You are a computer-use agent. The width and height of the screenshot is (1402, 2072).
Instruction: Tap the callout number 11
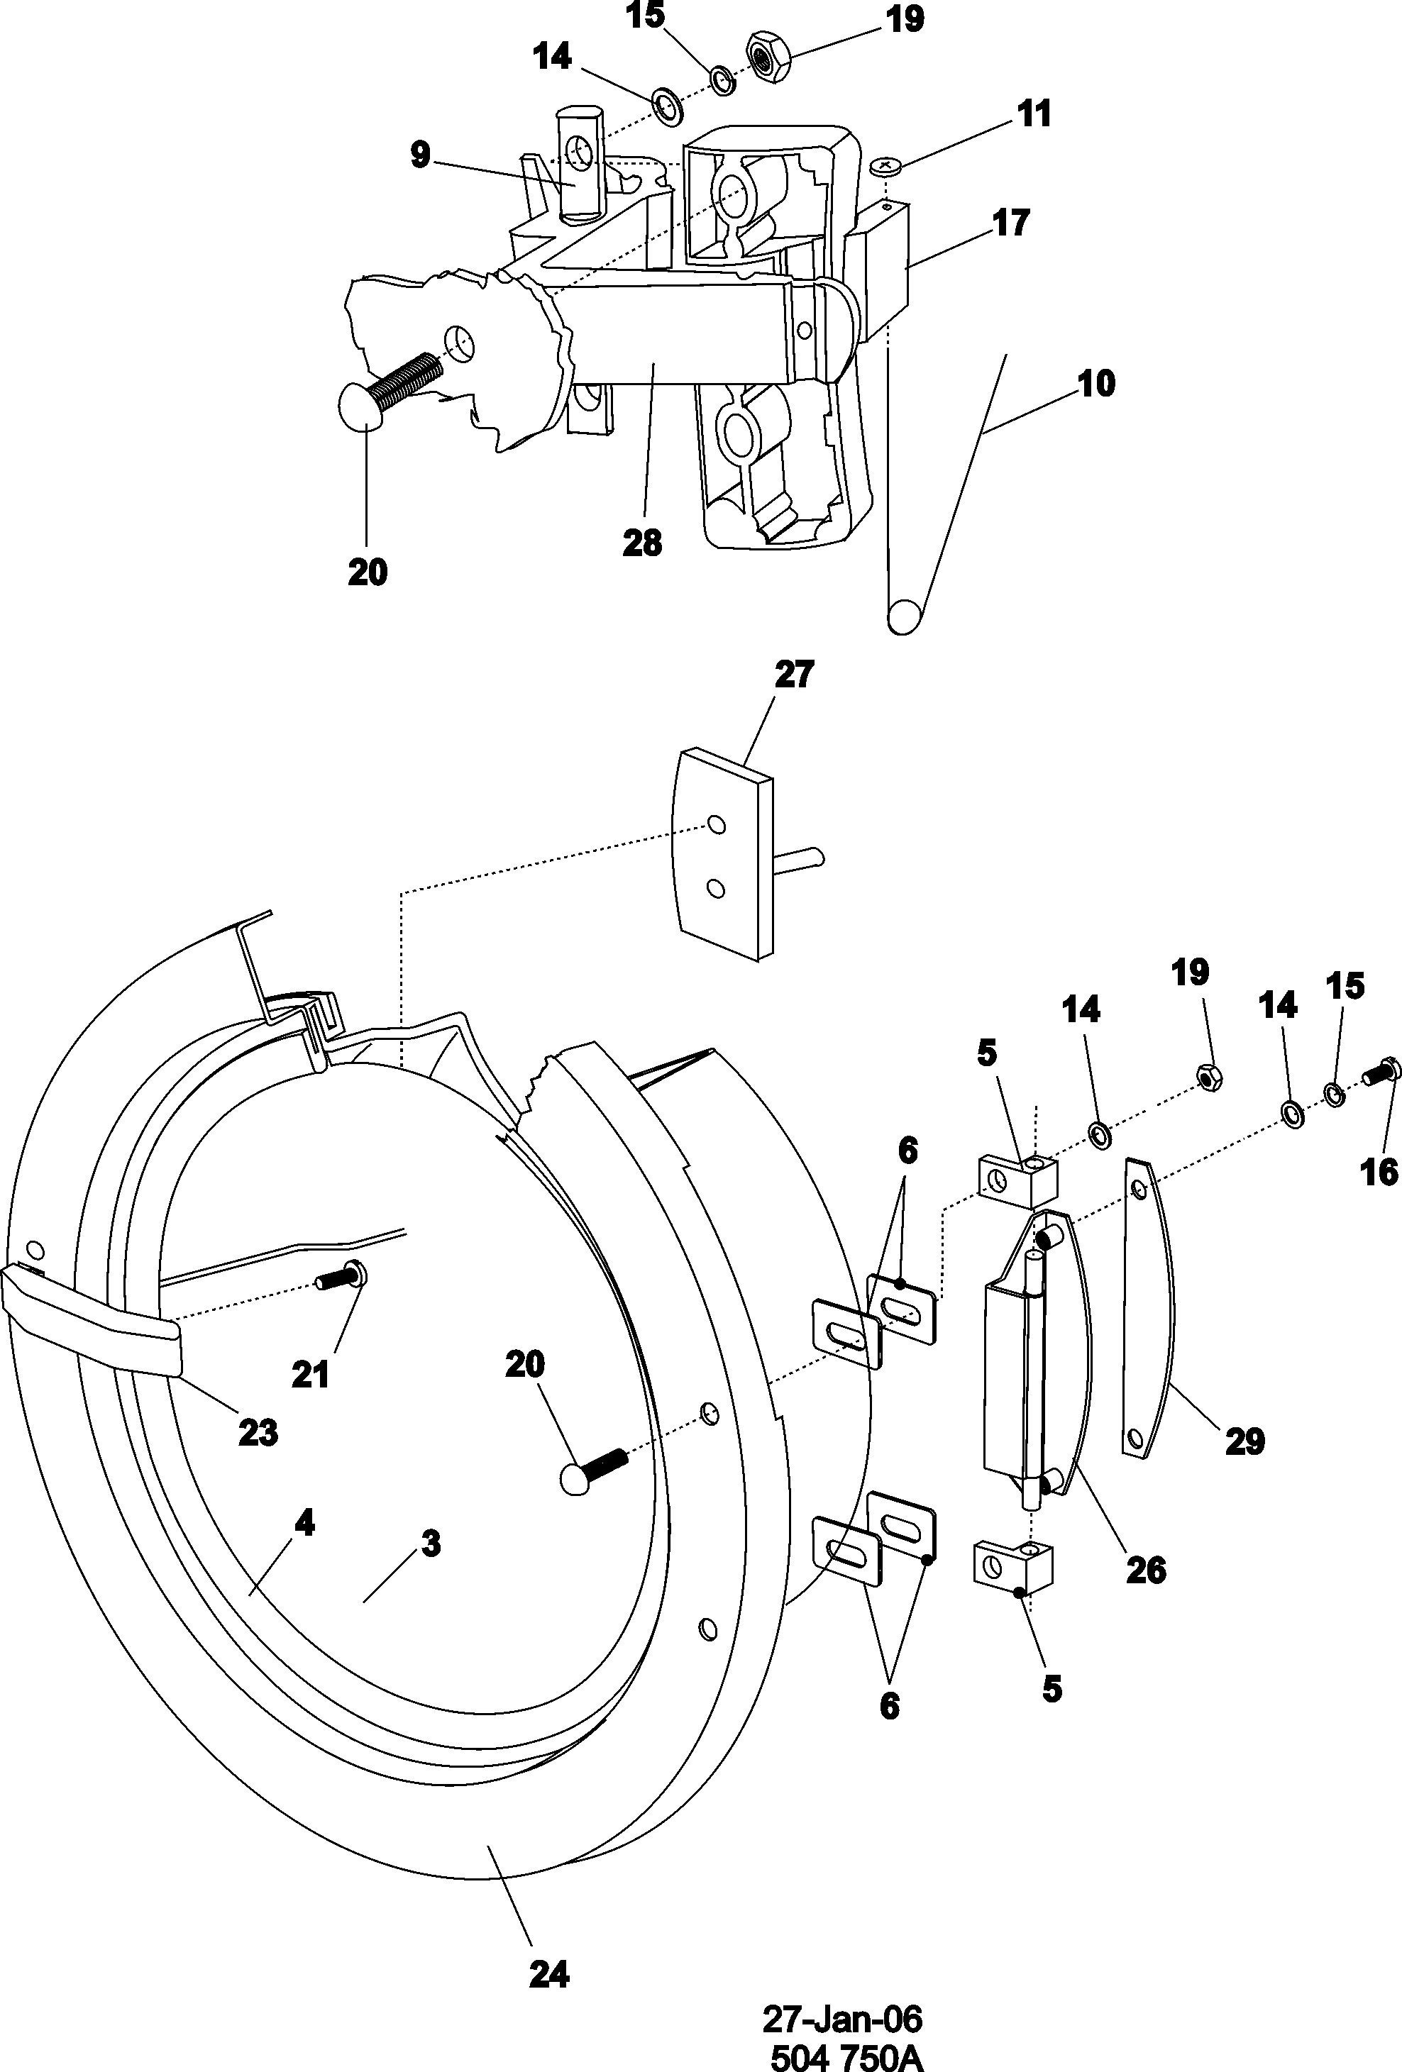pyautogui.click(x=1034, y=115)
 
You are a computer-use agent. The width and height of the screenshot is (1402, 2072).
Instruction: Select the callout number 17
pyautogui.click(x=1011, y=222)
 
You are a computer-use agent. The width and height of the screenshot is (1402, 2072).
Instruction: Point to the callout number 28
pyautogui.click(x=642, y=542)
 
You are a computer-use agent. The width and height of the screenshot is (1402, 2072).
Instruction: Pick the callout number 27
pyautogui.click(x=794, y=674)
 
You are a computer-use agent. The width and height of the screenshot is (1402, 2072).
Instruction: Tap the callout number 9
pyautogui.click(x=420, y=155)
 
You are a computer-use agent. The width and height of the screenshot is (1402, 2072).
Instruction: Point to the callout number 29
pyautogui.click(x=1245, y=1441)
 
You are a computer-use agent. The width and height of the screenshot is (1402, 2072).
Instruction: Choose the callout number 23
pyautogui.click(x=258, y=1433)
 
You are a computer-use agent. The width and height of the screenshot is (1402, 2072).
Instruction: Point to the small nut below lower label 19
pyautogui.click(x=1209, y=1079)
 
